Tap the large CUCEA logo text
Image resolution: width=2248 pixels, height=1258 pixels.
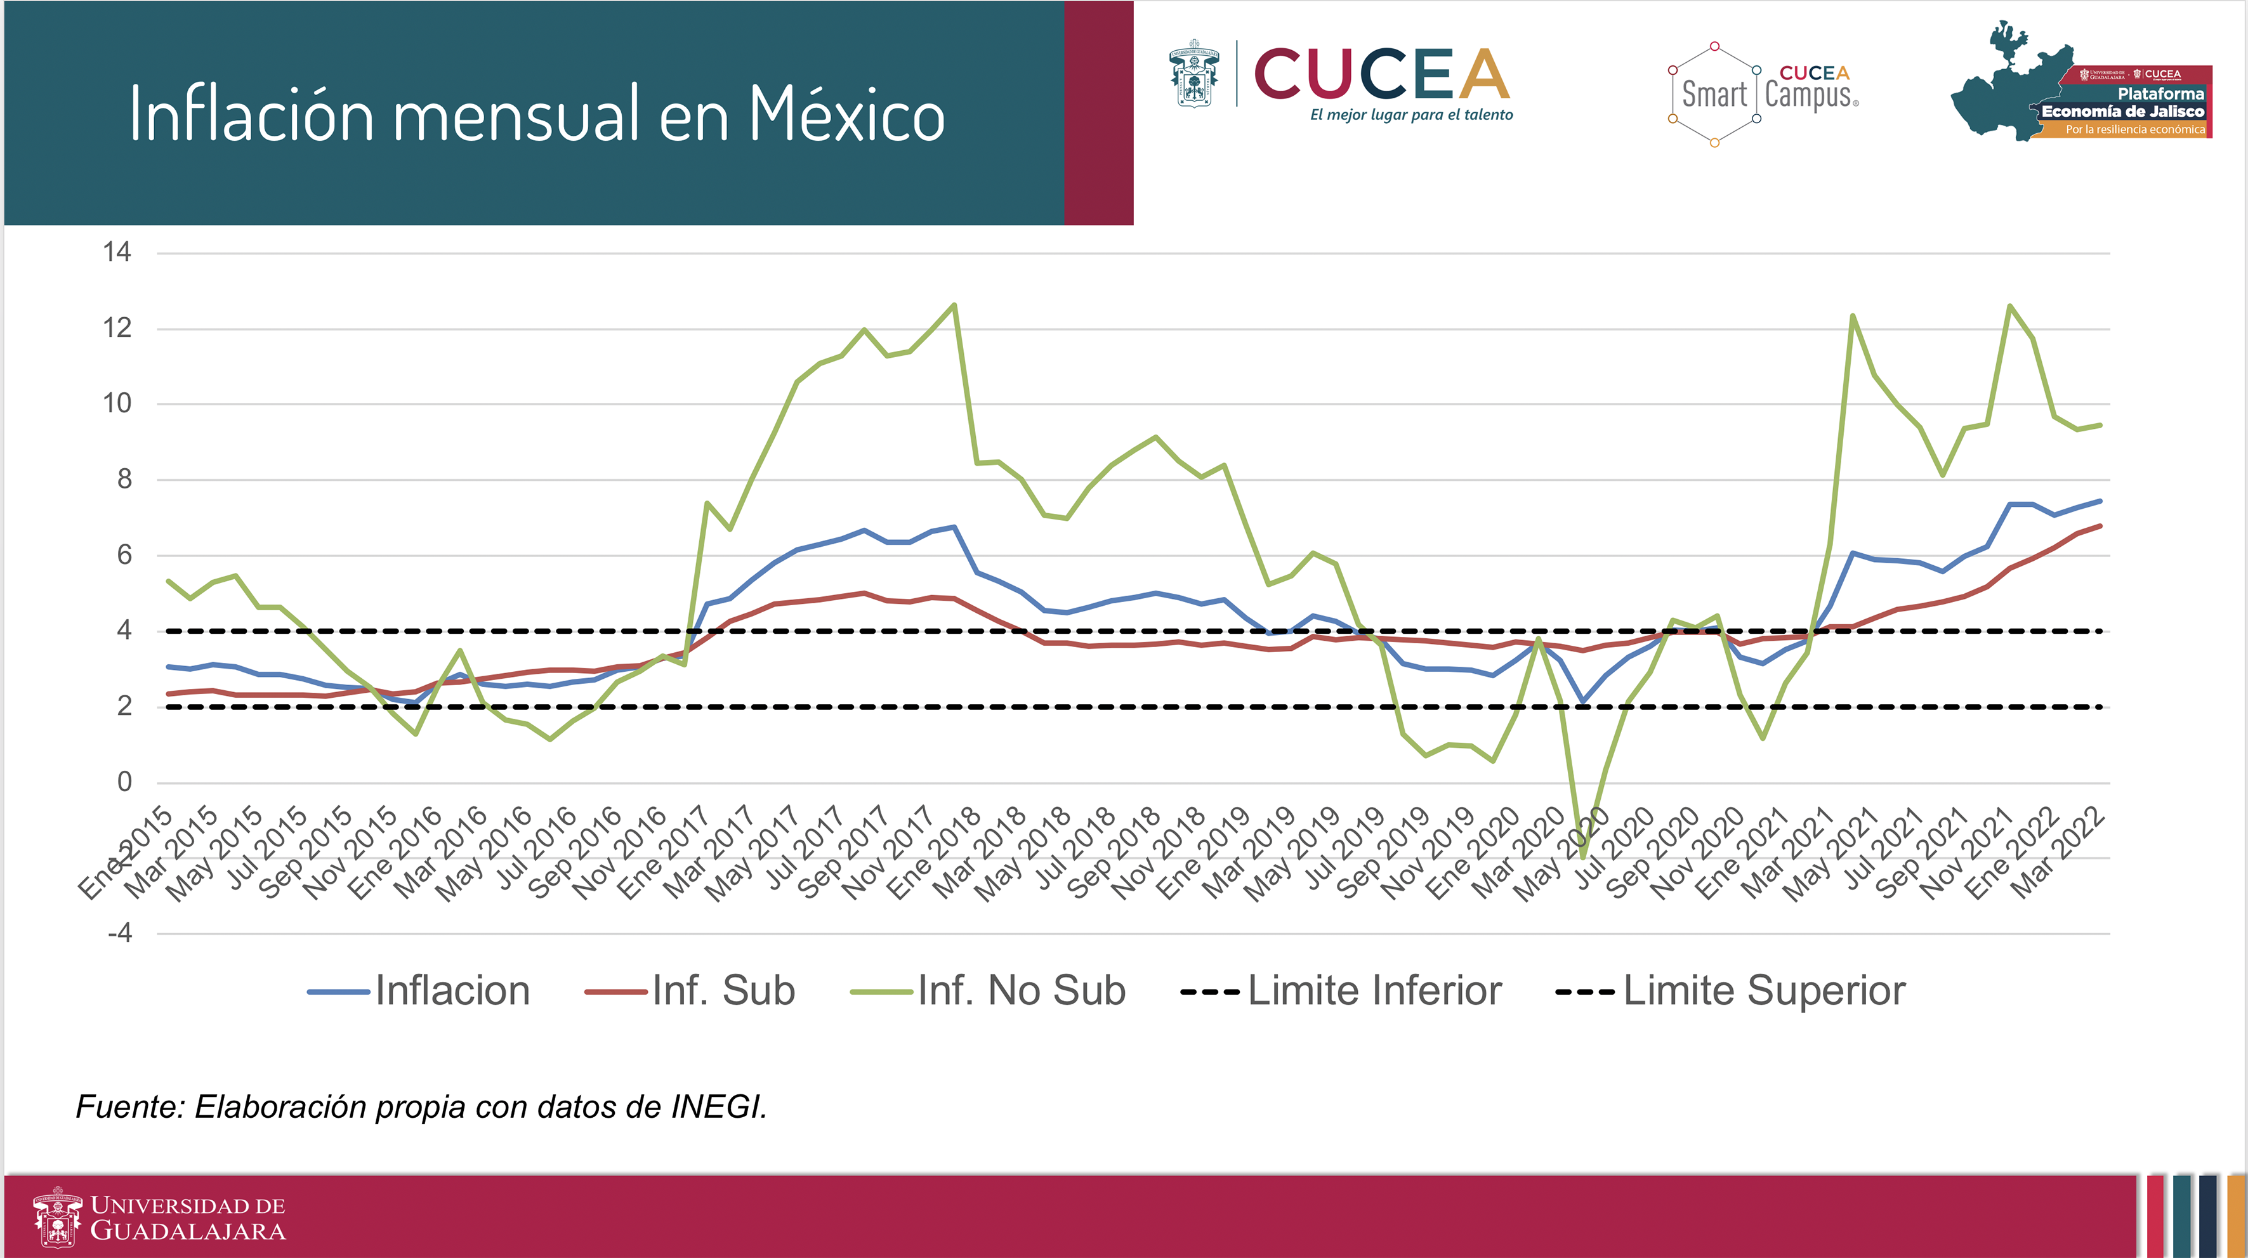point(1383,74)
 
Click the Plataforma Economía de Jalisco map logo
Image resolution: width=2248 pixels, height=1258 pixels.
point(2081,84)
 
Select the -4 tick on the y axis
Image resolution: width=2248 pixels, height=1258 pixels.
point(119,933)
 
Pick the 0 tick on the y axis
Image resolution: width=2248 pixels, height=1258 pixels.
point(125,781)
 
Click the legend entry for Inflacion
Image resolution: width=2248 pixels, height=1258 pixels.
point(419,991)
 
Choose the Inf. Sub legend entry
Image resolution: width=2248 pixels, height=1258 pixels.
point(690,991)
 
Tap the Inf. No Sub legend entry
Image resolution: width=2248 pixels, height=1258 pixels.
point(989,991)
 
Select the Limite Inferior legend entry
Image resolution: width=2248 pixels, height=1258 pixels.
point(1341,991)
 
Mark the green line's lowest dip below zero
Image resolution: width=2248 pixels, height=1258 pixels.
point(1583,856)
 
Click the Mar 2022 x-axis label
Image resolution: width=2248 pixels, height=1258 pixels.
point(2060,855)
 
